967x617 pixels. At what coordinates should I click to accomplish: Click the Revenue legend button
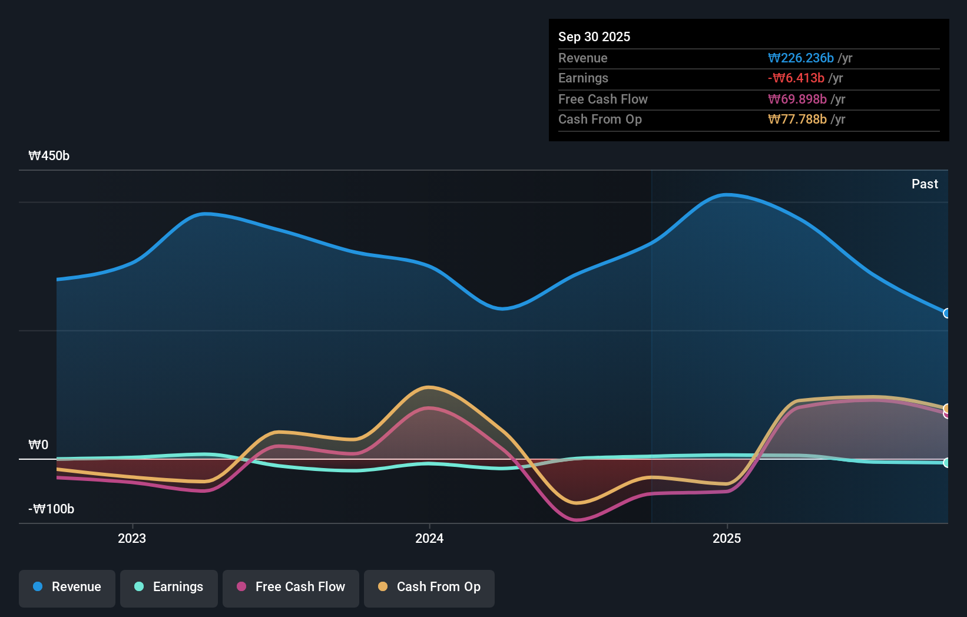coord(67,588)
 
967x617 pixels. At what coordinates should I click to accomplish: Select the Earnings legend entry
coord(169,588)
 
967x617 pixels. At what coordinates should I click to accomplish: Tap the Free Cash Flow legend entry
coord(291,588)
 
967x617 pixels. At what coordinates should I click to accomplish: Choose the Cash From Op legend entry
coord(429,588)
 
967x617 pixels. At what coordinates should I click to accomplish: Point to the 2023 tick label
coord(132,539)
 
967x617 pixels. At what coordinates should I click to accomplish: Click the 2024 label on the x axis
coord(429,539)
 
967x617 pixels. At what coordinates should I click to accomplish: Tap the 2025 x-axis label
coord(727,539)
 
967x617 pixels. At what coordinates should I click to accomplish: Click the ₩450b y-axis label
coord(49,156)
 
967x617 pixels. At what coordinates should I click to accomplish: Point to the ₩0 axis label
coord(38,445)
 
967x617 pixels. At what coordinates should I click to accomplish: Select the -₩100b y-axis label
coord(51,509)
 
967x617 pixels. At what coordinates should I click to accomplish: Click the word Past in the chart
coord(925,184)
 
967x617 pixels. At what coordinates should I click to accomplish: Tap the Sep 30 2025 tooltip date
coord(594,37)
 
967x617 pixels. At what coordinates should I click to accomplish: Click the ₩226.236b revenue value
coord(800,58)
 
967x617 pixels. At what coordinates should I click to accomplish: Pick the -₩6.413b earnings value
coord(796,78)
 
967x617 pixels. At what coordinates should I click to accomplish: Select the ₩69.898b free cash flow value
coord(797,99)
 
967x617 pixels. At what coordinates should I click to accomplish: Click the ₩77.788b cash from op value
coord(797,120)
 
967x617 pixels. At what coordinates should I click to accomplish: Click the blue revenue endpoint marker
coord(946,313)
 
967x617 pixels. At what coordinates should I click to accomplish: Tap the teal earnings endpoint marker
coord(946,463)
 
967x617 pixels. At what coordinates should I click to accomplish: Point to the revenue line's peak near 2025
coord(728,194)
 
